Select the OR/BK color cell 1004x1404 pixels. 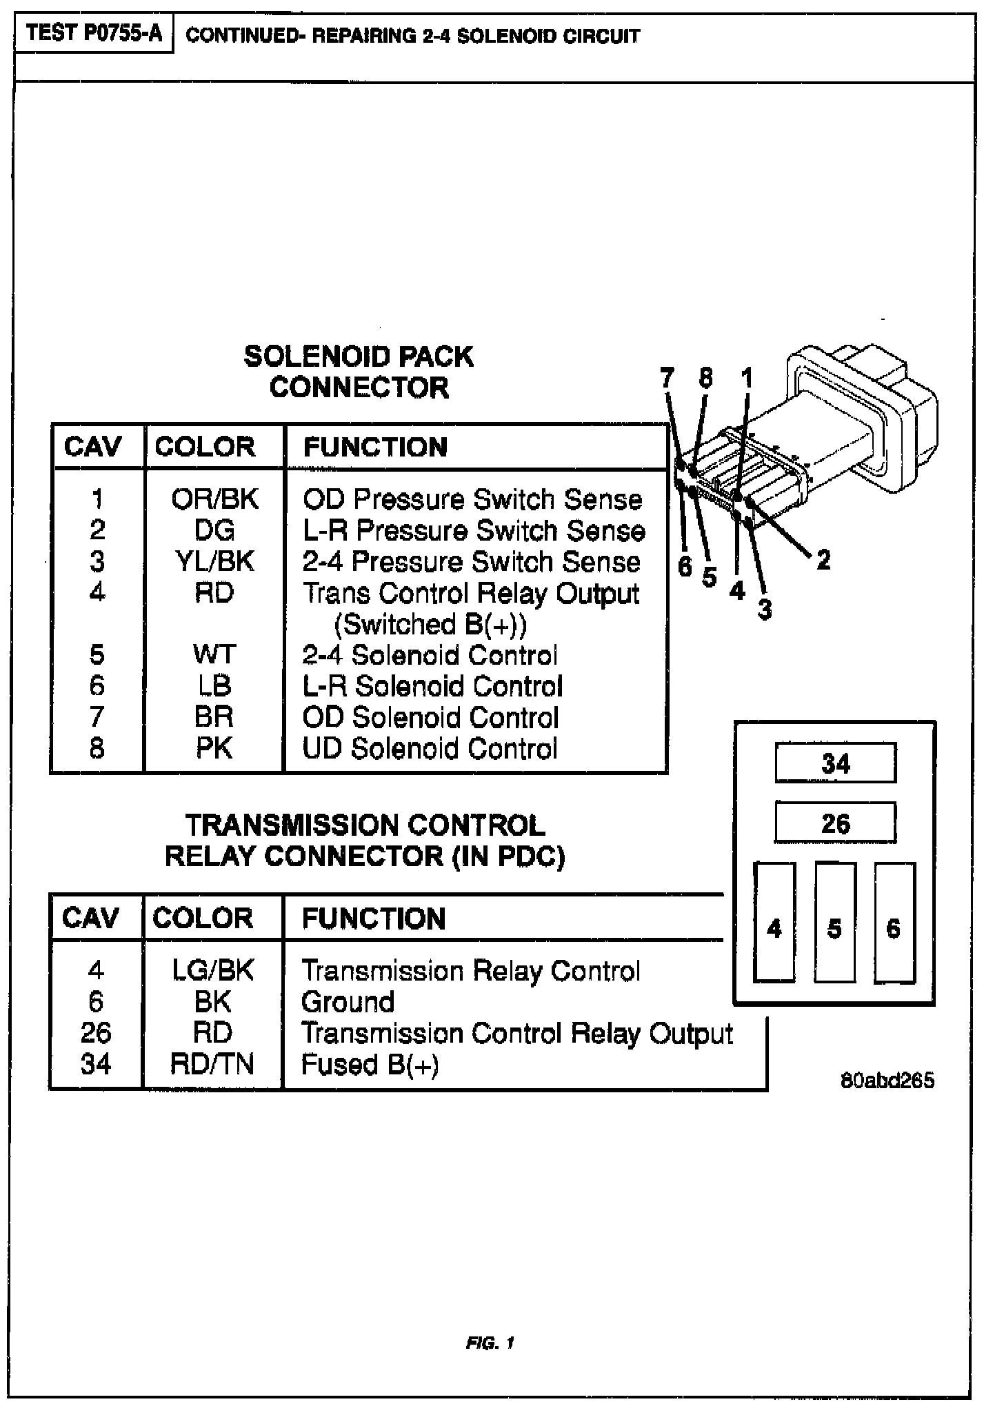pyautogui.click(x=214, y=499)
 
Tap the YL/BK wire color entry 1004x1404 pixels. pyautogui.click(x=214, y=561)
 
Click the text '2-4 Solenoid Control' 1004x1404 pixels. pyautogui.click(x=430, y=655)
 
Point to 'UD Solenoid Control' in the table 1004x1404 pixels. pyautogui.click(x=430, y=749)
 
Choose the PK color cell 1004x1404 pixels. pyautogui.click(x=214, y=749)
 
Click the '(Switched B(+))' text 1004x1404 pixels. pyautogui.click(x=430, y=624)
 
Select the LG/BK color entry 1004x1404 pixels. pyautogui.click(x=212, y=971)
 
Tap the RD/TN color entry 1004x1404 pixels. pyautogui.click(x=212, y=1065)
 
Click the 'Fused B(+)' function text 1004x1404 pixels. pyautogui.click(x=370, y=1065)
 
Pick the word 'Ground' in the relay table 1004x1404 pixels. pyautogui.click(x=348, y=1002)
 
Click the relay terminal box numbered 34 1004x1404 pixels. pyautogui.click(x=836, y=763)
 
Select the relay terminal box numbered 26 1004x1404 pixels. pyautogui.click(x=836, y=823)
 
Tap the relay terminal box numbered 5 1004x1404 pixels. pyautogui.click(x=835, y=923)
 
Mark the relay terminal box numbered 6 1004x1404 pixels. pyautogui.click(x=894, y=923)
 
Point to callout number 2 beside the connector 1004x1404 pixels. pyautogui.click(x=823, y=559)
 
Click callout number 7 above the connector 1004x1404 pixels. pyautogui.click(x=666, y=378)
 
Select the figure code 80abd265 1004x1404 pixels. pyautogui.click(x=887, y=1080)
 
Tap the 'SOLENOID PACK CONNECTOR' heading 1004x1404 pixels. pyautogui.click(x=359, y=372)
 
